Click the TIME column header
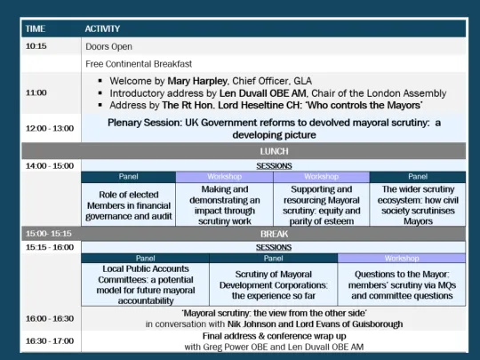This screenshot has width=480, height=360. pos(36,28)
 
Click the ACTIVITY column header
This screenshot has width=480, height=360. pos(103,28)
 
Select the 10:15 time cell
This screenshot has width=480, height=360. pos(37,46)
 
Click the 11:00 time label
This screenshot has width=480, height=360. pos(37,92)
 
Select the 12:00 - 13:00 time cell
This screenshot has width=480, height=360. pos(49,128)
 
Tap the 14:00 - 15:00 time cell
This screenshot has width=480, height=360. pos(49,166)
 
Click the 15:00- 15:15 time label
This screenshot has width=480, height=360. pos(49,234)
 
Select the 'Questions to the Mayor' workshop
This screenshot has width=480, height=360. pos(401,282)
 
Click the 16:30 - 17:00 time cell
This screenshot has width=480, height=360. pos(49,341)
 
